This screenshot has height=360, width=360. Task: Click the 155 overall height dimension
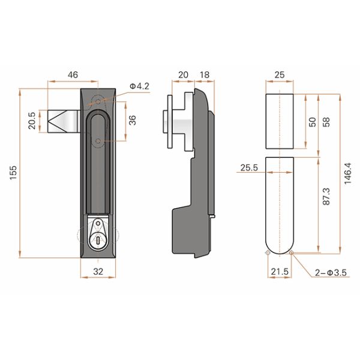[x=13, y=174]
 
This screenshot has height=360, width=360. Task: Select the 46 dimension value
[x=72, y=75]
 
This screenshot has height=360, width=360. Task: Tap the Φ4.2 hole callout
[x=139, y=86]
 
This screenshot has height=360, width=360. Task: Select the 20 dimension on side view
[x=183, y=75]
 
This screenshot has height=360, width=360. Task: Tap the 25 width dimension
[x=280, y=75]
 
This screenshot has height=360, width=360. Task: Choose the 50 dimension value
[x=311, y=121]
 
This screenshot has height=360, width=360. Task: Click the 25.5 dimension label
[x=248, y=169]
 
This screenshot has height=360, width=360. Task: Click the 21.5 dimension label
[x=280, y=272]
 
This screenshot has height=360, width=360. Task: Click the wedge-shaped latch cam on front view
[x=62, y=122]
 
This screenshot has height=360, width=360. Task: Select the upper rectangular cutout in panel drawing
[x=280, y=120]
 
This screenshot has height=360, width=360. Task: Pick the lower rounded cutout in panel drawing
[x=280, y=201]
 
